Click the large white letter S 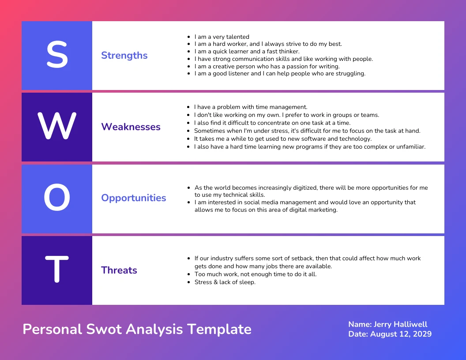(57, 55)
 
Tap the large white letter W (57, 127)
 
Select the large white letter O (57, 198)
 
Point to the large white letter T (57, 270)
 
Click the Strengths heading (124, 56)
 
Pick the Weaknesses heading (131, 127)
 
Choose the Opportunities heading (134, 198)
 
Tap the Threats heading (119, 270)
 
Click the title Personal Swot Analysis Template (137, 329)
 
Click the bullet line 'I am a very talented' (222, 37)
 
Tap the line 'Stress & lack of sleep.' (225, 282)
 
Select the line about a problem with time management (250, 107)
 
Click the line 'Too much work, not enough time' (255, 274)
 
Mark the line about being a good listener (280, 74)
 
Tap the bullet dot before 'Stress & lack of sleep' (189, 282)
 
